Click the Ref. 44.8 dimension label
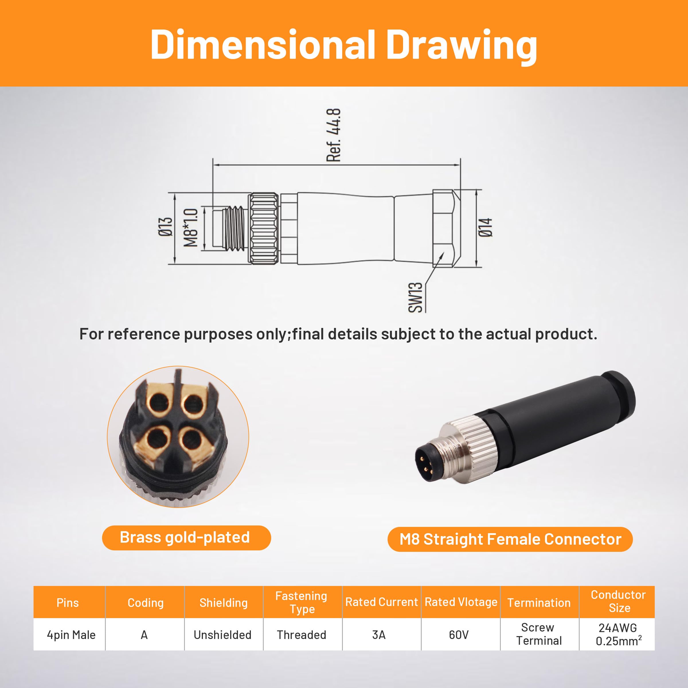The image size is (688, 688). pyautogui.click(x=334, y=135)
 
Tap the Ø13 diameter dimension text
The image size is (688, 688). pyautogui.click(x=166, y=227)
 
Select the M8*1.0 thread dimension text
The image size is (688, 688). pyautogui.click(x=191, y=228)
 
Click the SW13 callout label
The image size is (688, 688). pyautogui.click(x=415, y=297)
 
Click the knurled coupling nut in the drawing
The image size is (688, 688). pyautogui.click(x=263, y=228)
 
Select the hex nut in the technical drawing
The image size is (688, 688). pyautogui.click(x=444, y=228)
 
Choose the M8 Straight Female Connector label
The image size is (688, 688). pyautogui.click(x=510, y=540)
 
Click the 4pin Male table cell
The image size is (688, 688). pyautogui.click(x=71, y=635)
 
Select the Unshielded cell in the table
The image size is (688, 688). pyautogui.click(x=222, y=635)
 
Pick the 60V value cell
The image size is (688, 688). pyautogui.click(x=459, y=635)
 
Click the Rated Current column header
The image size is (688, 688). pyautogui.click(x=381, y=602)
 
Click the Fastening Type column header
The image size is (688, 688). pyautogui.click(x=301, y=602)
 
